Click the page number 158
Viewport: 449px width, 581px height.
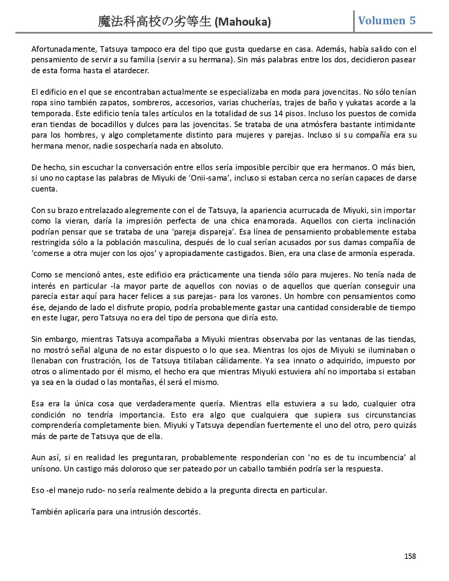(410, 556)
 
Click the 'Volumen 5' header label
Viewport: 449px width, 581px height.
(387, 21)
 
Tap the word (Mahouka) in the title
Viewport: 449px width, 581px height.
(243, 22)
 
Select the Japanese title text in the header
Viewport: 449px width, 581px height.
(155, 22)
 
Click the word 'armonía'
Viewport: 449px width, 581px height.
(347, 254)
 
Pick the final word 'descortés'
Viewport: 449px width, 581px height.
(183, 512)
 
